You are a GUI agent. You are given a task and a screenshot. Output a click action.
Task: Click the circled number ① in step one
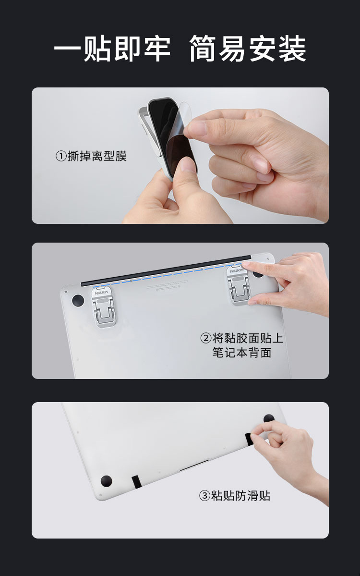pos(61,156)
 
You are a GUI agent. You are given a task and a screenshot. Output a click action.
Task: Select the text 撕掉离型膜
pos(97,156)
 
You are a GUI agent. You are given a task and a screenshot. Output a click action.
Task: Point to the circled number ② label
pos(205,338)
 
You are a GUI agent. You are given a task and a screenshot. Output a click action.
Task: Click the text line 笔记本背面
pos(242,353)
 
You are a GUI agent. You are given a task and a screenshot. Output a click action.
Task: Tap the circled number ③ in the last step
pos(204,496)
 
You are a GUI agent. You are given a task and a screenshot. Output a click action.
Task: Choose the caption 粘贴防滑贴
pos(241,496)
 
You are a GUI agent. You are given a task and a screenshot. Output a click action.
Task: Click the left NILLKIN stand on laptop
pos(103,306)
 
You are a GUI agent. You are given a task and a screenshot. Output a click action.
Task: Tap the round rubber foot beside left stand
pos(78,300)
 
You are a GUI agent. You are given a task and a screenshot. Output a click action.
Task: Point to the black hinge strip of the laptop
pos(166,271)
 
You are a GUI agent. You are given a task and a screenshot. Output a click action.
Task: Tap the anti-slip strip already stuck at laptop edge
pos(136,482)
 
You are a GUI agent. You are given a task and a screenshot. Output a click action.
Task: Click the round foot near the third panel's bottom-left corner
pos(107,481)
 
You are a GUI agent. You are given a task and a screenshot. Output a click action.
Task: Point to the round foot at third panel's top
pos(269,418)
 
